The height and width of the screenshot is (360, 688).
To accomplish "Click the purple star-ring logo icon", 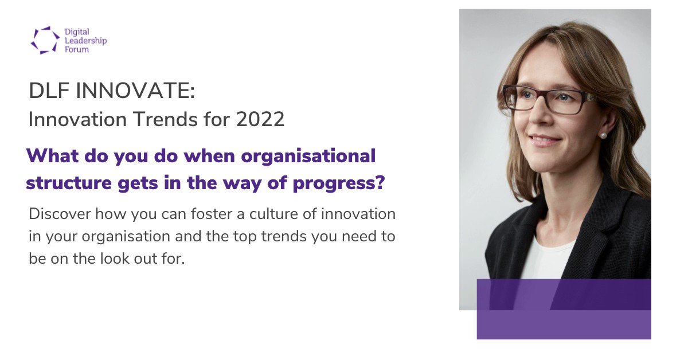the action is (x=45, y=40).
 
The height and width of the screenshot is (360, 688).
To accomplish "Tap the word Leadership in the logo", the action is (x=85, y=41).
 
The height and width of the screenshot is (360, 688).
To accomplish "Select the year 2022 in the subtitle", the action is (x=260, y=119).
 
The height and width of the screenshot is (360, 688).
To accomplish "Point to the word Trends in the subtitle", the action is (x=166, y=119).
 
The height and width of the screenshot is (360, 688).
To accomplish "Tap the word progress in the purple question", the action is (x=339, y=183).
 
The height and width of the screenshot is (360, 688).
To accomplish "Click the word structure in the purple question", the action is (x=69, y=183).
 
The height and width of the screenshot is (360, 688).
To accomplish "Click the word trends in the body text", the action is (x=284, y=236).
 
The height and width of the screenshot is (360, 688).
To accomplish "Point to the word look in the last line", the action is (x=115, y=259).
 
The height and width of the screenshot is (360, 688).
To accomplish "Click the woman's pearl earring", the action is (x=603, y=135).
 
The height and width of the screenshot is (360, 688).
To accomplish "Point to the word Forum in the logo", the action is (x=77, y=49).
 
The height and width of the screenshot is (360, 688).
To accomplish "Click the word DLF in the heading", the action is (x=49, y=91).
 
